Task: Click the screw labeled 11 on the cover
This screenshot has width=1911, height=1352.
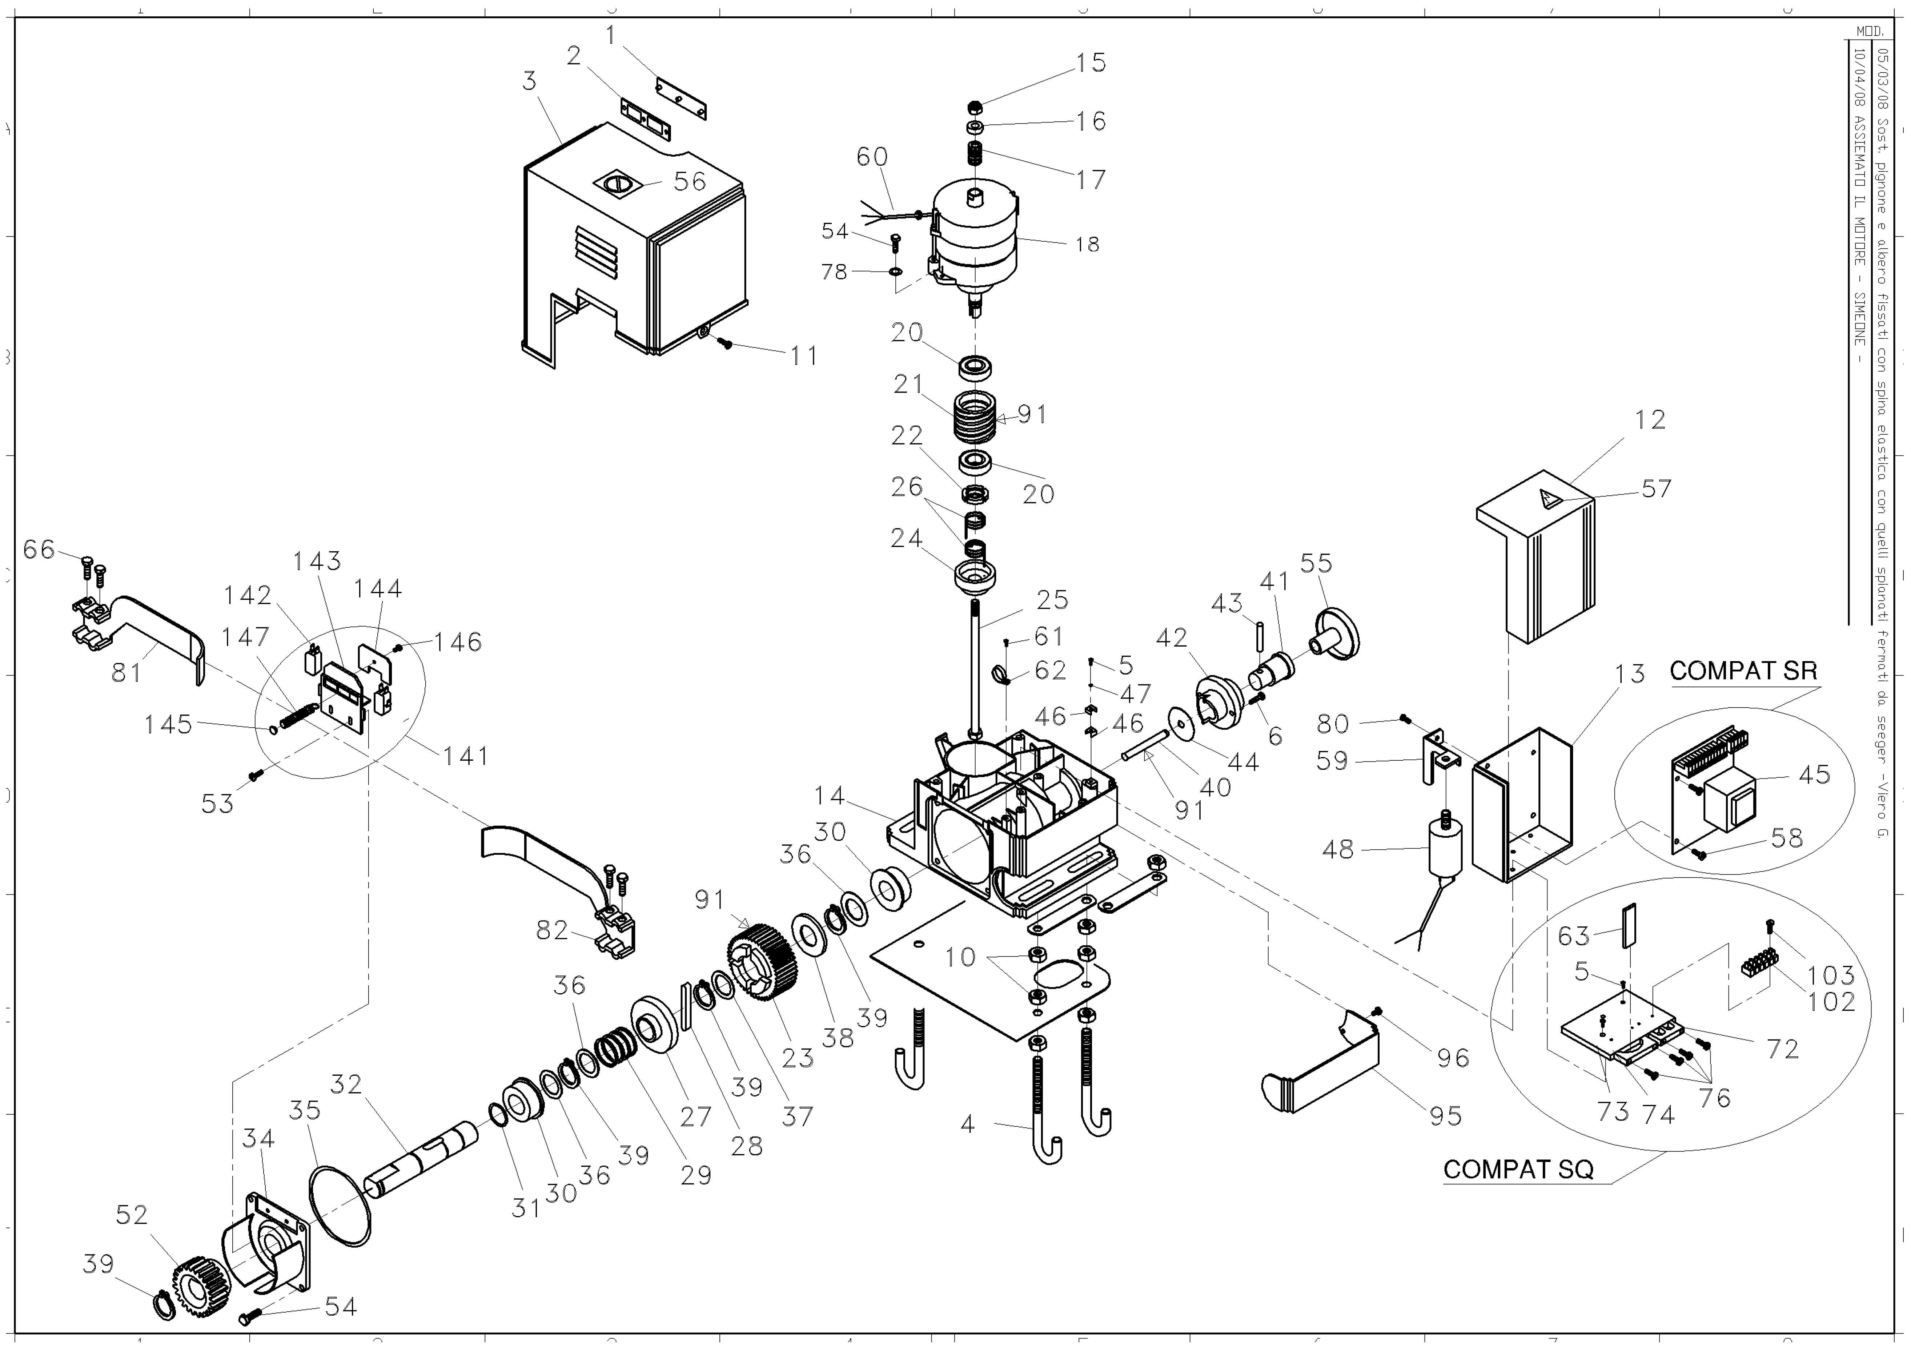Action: coord(725,343)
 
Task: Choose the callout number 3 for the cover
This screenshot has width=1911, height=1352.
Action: coord(530,81)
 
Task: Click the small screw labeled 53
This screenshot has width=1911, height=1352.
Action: coord(256,774)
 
